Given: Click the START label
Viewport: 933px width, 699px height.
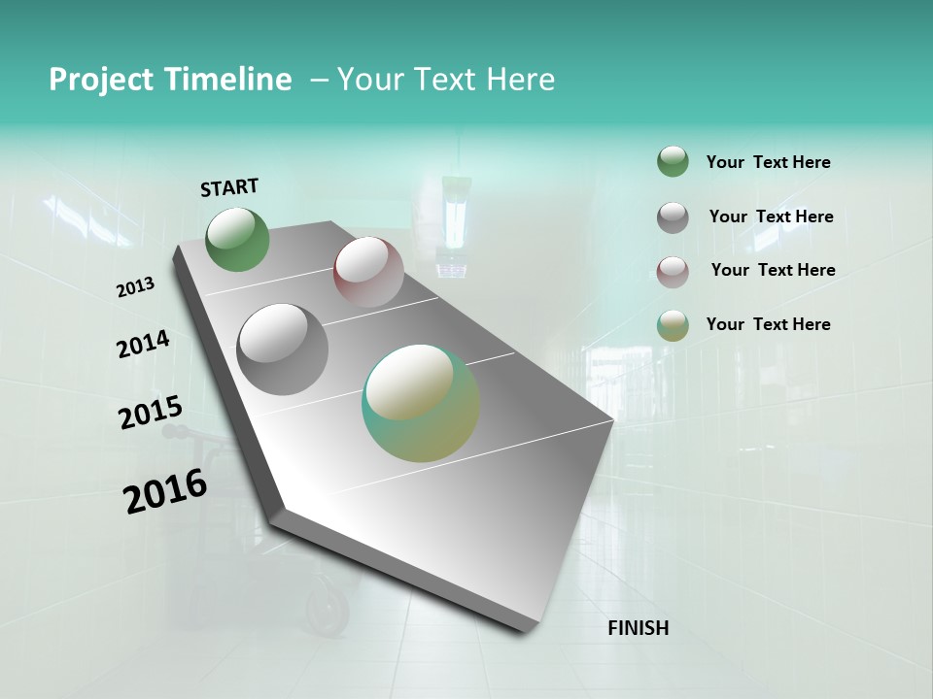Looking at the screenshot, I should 229,186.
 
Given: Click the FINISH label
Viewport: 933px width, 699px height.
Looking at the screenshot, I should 638,628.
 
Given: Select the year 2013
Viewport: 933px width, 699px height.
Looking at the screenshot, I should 135,287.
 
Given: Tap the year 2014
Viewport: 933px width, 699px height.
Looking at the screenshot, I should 143,345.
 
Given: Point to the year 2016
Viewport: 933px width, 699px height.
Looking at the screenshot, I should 165,491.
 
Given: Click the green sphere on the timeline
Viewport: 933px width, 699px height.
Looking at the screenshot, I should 238,240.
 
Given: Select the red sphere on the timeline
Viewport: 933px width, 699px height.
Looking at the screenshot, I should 368,272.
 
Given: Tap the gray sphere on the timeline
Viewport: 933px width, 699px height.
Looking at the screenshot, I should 283,349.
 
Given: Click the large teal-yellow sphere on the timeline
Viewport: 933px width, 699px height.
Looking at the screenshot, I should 421,403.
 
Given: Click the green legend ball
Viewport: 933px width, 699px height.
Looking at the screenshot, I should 673,162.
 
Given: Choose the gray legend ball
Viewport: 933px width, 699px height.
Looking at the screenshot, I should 673,217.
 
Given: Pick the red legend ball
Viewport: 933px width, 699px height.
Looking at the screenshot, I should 673,272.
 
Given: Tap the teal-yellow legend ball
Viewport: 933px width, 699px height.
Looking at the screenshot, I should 673,325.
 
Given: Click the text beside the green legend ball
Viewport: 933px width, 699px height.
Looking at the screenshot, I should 768,162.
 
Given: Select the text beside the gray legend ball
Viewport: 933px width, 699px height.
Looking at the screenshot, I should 771,216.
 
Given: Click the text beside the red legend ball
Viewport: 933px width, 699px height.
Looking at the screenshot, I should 773,270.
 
